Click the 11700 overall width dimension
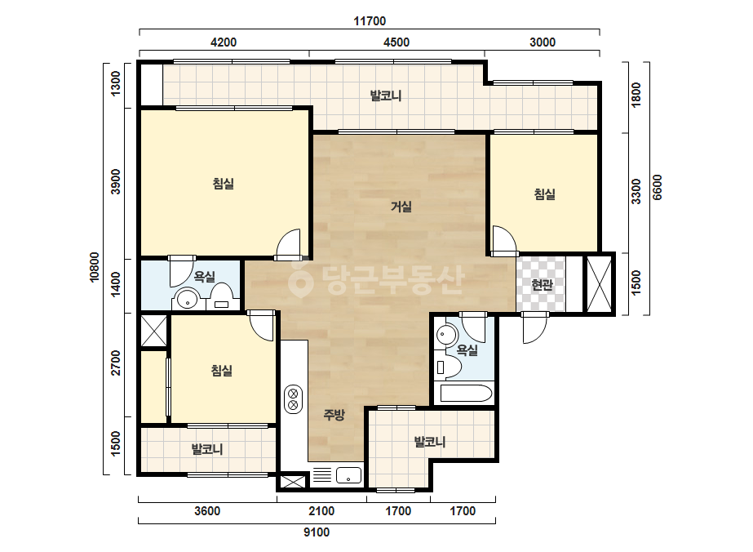pyautogui.click(x=370, y=21)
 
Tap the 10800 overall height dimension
pyautogui.click(x=95, y=267)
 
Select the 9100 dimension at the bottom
pyautogui.click(x=317, y=532)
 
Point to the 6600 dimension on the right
pyautogui.click(x=657, y=188)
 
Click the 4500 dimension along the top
pyautogui.click(x=396, y=42)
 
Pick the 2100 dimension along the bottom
pyautogui.click(x=321, y=510)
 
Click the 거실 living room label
pyautogui.click(x=401, y=207)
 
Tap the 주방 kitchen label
pyautogui.click(x=334, y=415)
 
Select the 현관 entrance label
pyautogui.click(x=542, y=285)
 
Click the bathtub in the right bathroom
pyautogui.click(x=466, y=394)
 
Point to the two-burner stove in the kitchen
pyautogui.click(x=293, y=399)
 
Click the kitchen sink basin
pyautogui.click(x=348, y=475)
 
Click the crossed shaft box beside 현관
pyautogui.click(x=600, y=283)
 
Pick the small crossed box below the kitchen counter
pyautogui.click(x=292, y=482)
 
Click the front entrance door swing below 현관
pyautogui.click(x=535, y=327)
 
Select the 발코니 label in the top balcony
pyautogui.click(x=386, y=96)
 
